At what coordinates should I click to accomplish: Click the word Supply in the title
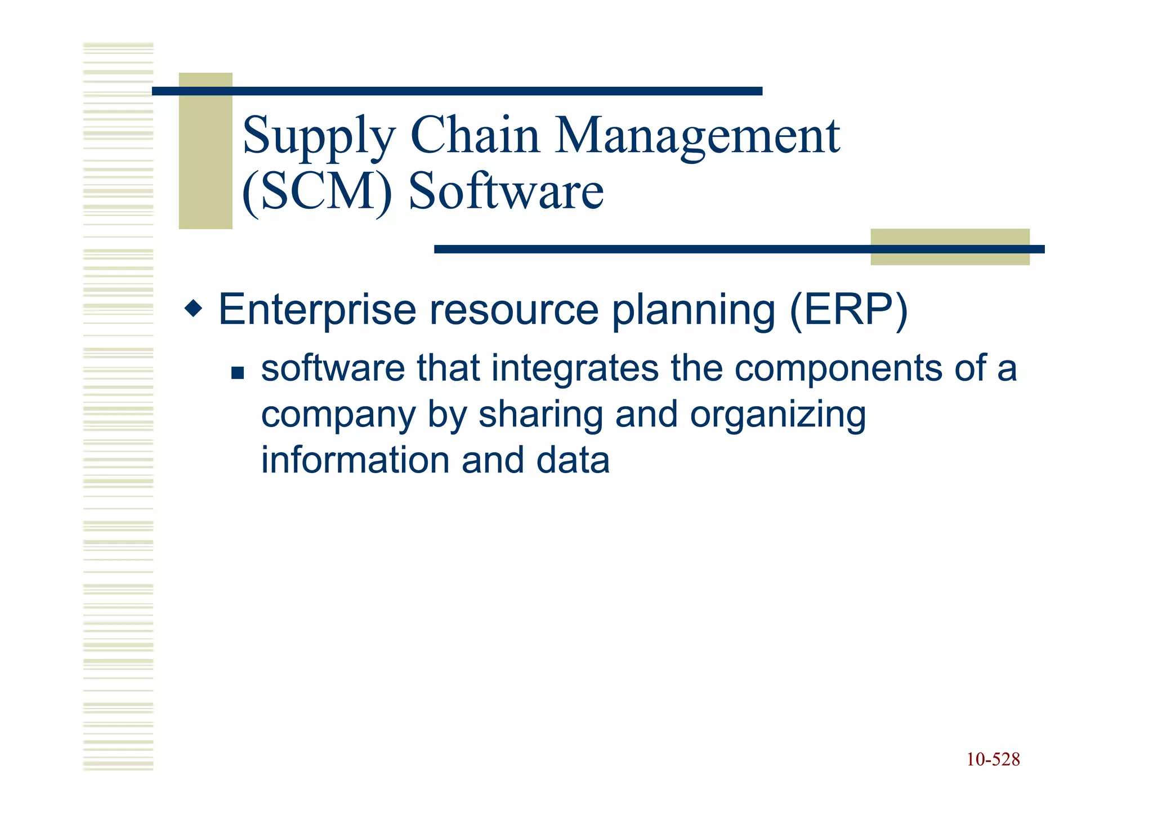coord(319,137)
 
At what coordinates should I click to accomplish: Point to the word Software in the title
coord(506,191)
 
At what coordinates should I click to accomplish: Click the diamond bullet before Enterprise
coord(193,309)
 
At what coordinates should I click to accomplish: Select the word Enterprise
coord(316,310)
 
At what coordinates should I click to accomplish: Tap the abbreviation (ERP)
coord(848,310)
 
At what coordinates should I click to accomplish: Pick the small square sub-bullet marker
coord(238,373)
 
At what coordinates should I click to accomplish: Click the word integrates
coord(574,368)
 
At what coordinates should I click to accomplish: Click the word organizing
coord(777,416)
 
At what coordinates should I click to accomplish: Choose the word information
coord(355,460)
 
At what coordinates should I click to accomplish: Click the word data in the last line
coord(573,460)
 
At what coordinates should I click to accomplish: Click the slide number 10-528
coord(993,760)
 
